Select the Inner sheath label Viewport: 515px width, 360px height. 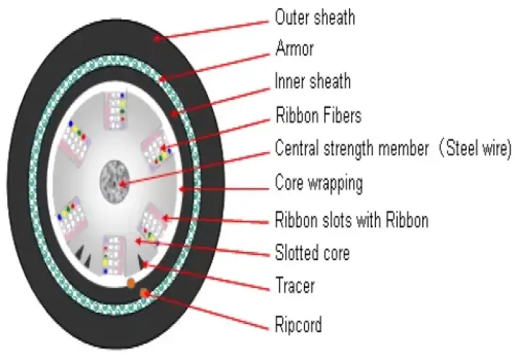[x=312, y=82]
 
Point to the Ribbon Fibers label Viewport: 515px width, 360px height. [x=318, y=116]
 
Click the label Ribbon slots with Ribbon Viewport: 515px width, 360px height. [x=351, y=220]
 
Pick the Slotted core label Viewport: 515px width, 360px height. [x=312, y=252]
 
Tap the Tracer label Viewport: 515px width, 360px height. [x=295, y=285]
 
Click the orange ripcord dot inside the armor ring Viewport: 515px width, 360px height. [x=145, y=294]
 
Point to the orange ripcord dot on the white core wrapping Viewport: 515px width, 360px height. [x=131, y=283]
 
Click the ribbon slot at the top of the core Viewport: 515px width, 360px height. [x=117, y=109]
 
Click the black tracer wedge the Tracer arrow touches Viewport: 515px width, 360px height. [x=142, y=260]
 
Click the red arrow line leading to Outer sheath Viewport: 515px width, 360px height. [x=212, y=28]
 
